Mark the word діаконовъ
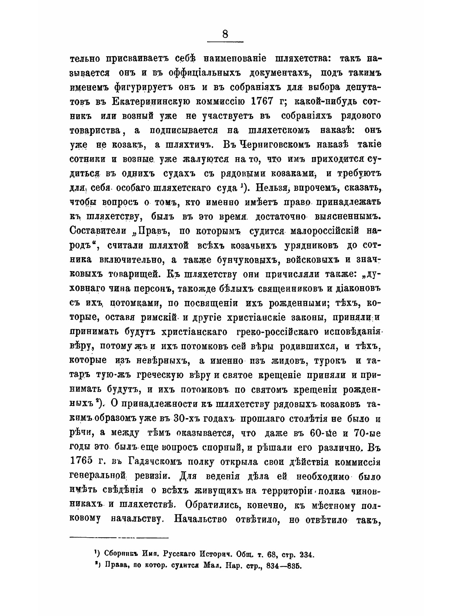pos(349,287)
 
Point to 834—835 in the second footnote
pos(287,565)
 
